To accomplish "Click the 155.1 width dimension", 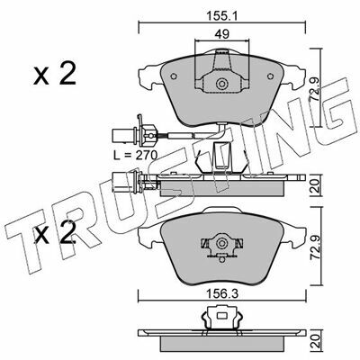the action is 221,17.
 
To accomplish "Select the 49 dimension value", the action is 222,34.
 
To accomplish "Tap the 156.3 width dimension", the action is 222,294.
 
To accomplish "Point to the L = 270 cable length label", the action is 135,155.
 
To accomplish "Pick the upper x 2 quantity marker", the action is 54,74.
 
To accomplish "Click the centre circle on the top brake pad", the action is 222,83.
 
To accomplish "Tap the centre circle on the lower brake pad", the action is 222,243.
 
